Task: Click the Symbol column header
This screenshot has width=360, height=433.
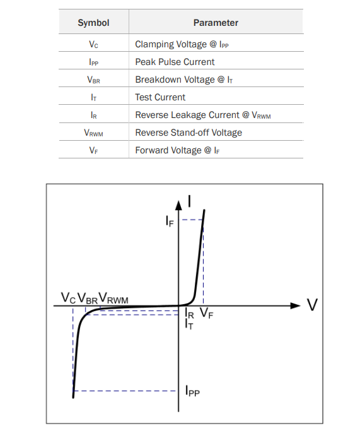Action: (93, 23)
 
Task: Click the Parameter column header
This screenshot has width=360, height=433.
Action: (216, 23)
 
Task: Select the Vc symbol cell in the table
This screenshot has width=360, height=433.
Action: (93, 44)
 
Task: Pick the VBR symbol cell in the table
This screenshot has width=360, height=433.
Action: (93, 80)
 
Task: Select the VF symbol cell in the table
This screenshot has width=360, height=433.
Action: (93, 150)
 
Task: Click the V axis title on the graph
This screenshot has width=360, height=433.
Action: (312, 305)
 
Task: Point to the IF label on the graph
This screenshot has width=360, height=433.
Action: (170, 221)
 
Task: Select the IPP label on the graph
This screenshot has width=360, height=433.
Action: (192, 391)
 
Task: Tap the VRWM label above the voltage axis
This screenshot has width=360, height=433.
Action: (113, 298)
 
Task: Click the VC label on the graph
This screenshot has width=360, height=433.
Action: (68, 298)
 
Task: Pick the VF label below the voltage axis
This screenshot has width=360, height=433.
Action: (206, 313)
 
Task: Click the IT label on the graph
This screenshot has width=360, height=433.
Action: (189, 324)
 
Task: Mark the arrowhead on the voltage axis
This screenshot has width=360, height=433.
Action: (296, 305)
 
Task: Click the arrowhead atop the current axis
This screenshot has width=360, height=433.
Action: (179, 205)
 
